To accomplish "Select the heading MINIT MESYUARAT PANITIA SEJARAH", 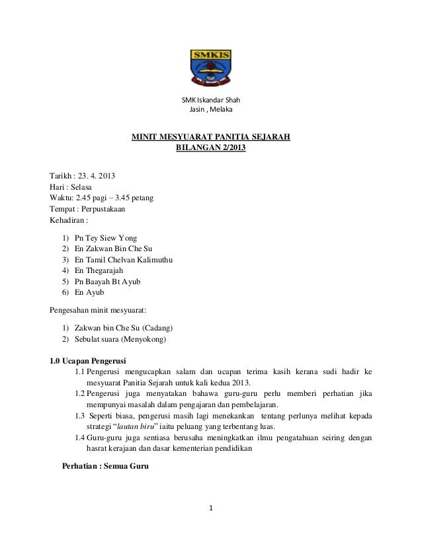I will pyautogui.click(x=210, y=138).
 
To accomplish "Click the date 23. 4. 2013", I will pyautogui.click(x=95, y=175).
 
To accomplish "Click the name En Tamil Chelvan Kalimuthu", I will pyautogui.click(x=124, y=260).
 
